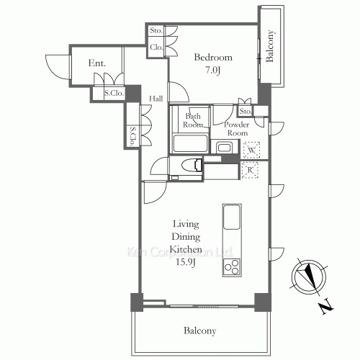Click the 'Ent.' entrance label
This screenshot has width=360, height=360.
(97, 63)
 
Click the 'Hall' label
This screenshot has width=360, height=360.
(155, 98)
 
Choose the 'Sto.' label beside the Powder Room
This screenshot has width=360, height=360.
(246, 111)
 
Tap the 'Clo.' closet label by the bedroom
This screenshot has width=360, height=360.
(156, 48)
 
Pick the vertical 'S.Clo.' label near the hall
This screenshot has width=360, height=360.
(133, 135)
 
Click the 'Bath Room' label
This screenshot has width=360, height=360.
(193, 120)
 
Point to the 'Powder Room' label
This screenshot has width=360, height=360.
(238, 128)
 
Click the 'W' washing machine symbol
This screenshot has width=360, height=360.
(251, 151)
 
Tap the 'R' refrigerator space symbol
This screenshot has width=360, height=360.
(251, 170)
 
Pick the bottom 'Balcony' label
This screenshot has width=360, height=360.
(199, 331)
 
